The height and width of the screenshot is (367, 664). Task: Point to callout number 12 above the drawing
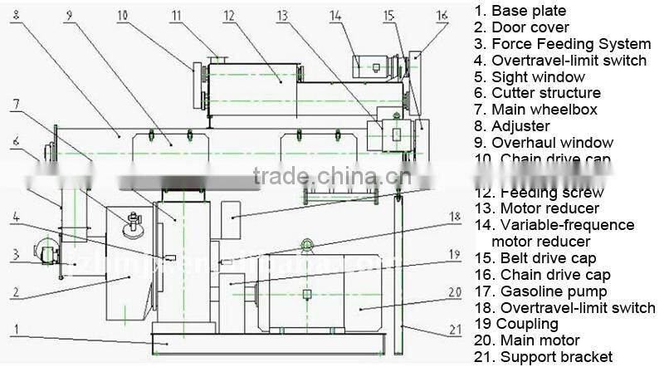pos(229,14)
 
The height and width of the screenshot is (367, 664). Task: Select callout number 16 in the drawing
pos(442,14)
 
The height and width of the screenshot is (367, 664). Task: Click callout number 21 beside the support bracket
pos(455,330)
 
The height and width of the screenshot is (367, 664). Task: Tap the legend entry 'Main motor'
pos(539,340)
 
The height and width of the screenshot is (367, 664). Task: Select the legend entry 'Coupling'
pos(530,324)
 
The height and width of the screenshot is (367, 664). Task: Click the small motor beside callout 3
pos(46,251)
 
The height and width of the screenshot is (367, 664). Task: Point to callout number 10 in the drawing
pos(123,14)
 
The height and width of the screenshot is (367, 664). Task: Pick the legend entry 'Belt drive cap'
pos(548,258)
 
